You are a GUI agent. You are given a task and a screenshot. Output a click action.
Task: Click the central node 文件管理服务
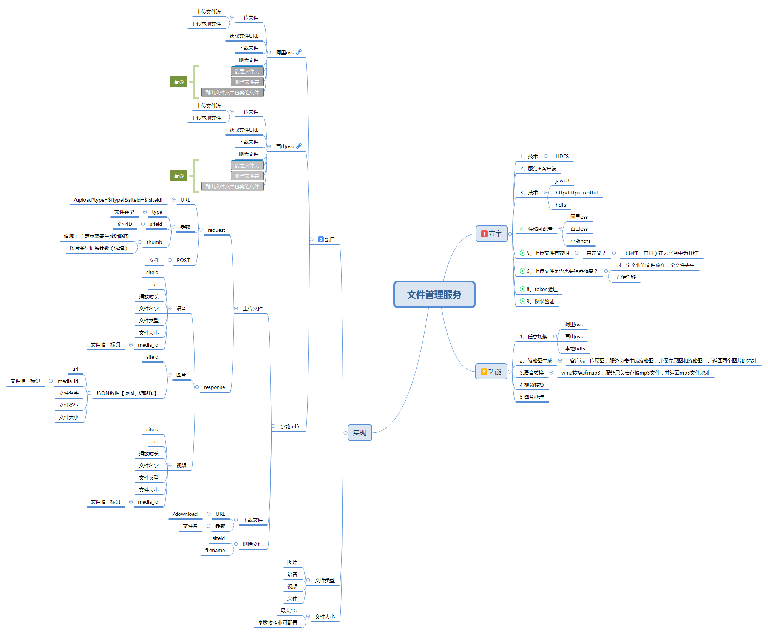434,295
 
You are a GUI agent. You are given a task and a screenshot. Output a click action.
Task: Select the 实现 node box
360,433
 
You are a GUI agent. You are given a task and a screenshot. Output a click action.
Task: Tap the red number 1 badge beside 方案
484,234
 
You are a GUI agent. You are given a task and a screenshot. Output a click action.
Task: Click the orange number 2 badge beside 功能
484,372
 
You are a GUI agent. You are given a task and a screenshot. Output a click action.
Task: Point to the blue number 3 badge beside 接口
321,239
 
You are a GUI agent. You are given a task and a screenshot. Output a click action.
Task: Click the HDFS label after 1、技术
562,156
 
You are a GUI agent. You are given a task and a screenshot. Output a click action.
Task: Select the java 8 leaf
562,180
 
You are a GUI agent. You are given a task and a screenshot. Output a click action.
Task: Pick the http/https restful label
576,193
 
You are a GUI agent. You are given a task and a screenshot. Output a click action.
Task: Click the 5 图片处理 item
532,397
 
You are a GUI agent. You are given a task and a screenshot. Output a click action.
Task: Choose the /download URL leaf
185,514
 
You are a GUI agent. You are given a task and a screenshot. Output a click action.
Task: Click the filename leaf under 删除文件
215,550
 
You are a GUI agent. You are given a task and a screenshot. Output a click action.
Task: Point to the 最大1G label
289,611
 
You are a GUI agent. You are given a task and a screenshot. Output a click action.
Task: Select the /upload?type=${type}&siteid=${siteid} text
118,200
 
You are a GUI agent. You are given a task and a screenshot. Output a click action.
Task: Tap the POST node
183,260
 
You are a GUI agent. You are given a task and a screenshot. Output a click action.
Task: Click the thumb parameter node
154,242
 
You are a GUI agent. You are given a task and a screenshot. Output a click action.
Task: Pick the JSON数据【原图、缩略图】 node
126,393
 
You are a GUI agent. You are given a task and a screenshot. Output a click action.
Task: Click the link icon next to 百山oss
299,146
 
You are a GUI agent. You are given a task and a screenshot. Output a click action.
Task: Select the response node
214,387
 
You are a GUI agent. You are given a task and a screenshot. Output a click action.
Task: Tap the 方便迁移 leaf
626,277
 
